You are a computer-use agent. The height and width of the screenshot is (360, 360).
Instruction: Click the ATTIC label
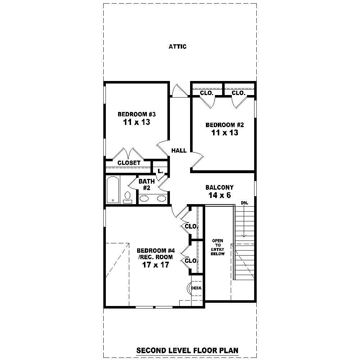177,46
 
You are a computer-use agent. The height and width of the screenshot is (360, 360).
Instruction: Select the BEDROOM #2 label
225,125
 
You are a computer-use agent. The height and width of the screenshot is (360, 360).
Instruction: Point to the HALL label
179,150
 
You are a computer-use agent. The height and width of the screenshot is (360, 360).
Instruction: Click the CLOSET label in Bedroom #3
129,163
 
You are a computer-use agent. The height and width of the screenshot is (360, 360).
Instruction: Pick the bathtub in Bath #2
113,190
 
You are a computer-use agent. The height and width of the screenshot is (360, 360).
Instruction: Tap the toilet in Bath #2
127,197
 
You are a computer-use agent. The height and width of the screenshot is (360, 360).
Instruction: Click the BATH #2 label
147,184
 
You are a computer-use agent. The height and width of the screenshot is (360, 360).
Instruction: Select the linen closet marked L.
160,170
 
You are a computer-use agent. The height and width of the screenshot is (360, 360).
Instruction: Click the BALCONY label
219,187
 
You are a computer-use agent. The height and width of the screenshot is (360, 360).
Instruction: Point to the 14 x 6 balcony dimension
219,195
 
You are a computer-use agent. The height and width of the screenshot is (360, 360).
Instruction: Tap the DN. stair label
245,203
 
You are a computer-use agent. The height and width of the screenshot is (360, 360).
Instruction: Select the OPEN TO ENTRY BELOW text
218,247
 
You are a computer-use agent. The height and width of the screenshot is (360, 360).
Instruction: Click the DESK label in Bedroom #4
196,288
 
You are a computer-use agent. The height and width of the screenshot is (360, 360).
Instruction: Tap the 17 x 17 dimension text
156,265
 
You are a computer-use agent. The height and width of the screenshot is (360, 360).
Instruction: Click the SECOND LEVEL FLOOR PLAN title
187,350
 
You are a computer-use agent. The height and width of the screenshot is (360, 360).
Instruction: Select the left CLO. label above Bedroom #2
207,93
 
